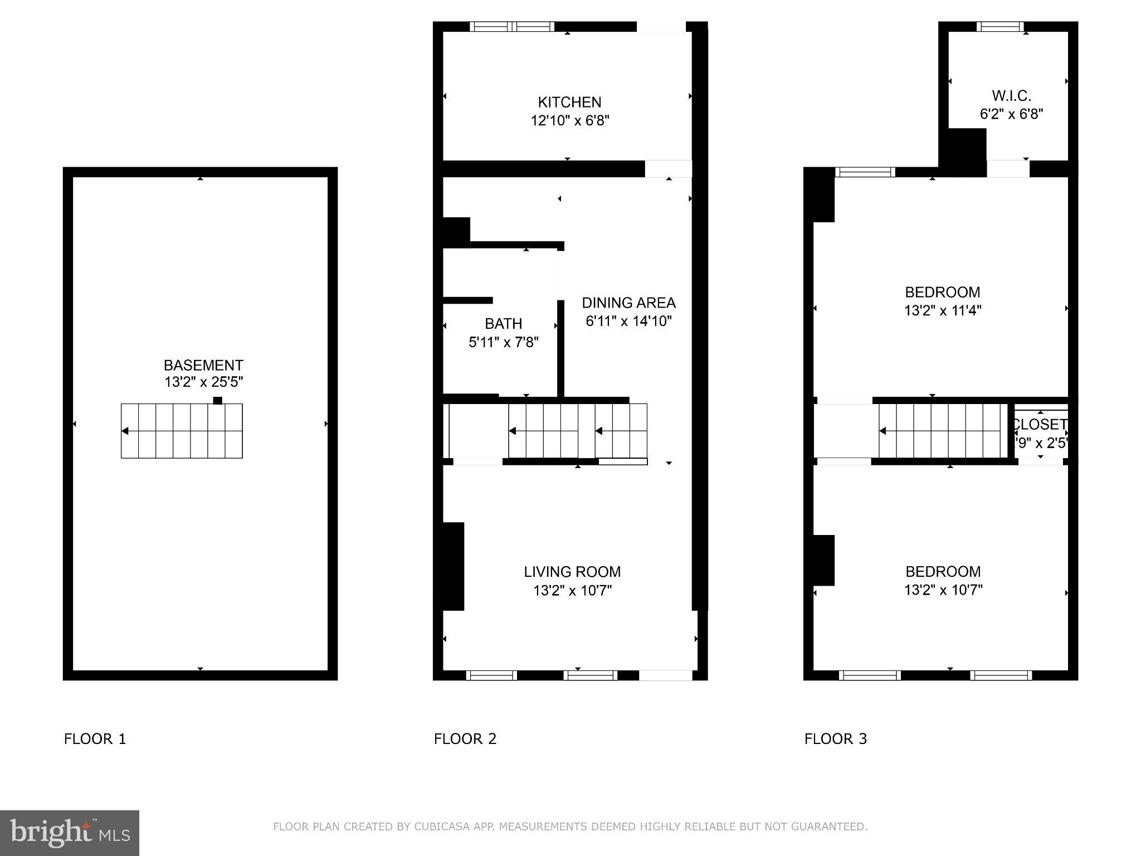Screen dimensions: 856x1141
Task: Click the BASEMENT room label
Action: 203,365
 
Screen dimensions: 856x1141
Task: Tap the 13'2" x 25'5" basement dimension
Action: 203,382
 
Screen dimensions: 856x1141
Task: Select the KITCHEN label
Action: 569,102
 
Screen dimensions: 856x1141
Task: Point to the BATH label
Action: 503,324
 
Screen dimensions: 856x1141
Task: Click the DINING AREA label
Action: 628,303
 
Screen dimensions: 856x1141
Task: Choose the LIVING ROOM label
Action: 572,572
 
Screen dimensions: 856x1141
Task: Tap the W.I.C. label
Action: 1011,96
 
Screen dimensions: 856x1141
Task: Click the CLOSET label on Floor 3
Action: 1040,425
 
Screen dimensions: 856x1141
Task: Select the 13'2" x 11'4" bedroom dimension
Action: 942,310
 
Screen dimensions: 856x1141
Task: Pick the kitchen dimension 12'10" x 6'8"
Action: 569,120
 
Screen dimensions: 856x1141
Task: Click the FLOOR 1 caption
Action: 95,739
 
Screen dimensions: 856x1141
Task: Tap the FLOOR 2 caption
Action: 465,739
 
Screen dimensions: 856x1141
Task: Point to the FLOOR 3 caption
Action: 836,739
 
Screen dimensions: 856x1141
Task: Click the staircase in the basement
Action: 182,431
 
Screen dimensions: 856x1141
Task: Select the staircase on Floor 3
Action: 943,431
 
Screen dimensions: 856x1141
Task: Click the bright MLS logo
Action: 69,833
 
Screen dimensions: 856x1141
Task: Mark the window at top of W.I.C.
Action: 1000,26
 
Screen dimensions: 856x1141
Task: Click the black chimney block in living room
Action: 453,566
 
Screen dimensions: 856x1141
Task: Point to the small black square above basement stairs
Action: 218,400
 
